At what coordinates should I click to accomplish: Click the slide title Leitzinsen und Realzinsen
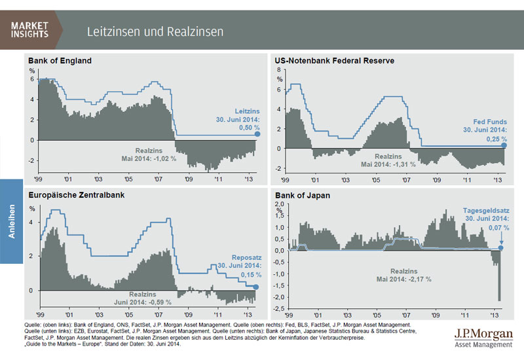pos(155,31)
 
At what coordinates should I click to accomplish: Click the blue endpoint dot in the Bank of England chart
pos(258,134)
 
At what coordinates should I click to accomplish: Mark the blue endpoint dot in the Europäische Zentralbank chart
pos(256,287)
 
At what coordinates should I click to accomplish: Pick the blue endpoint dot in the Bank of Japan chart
pos(500,248)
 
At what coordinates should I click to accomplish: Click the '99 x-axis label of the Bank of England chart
pos(40,177)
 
